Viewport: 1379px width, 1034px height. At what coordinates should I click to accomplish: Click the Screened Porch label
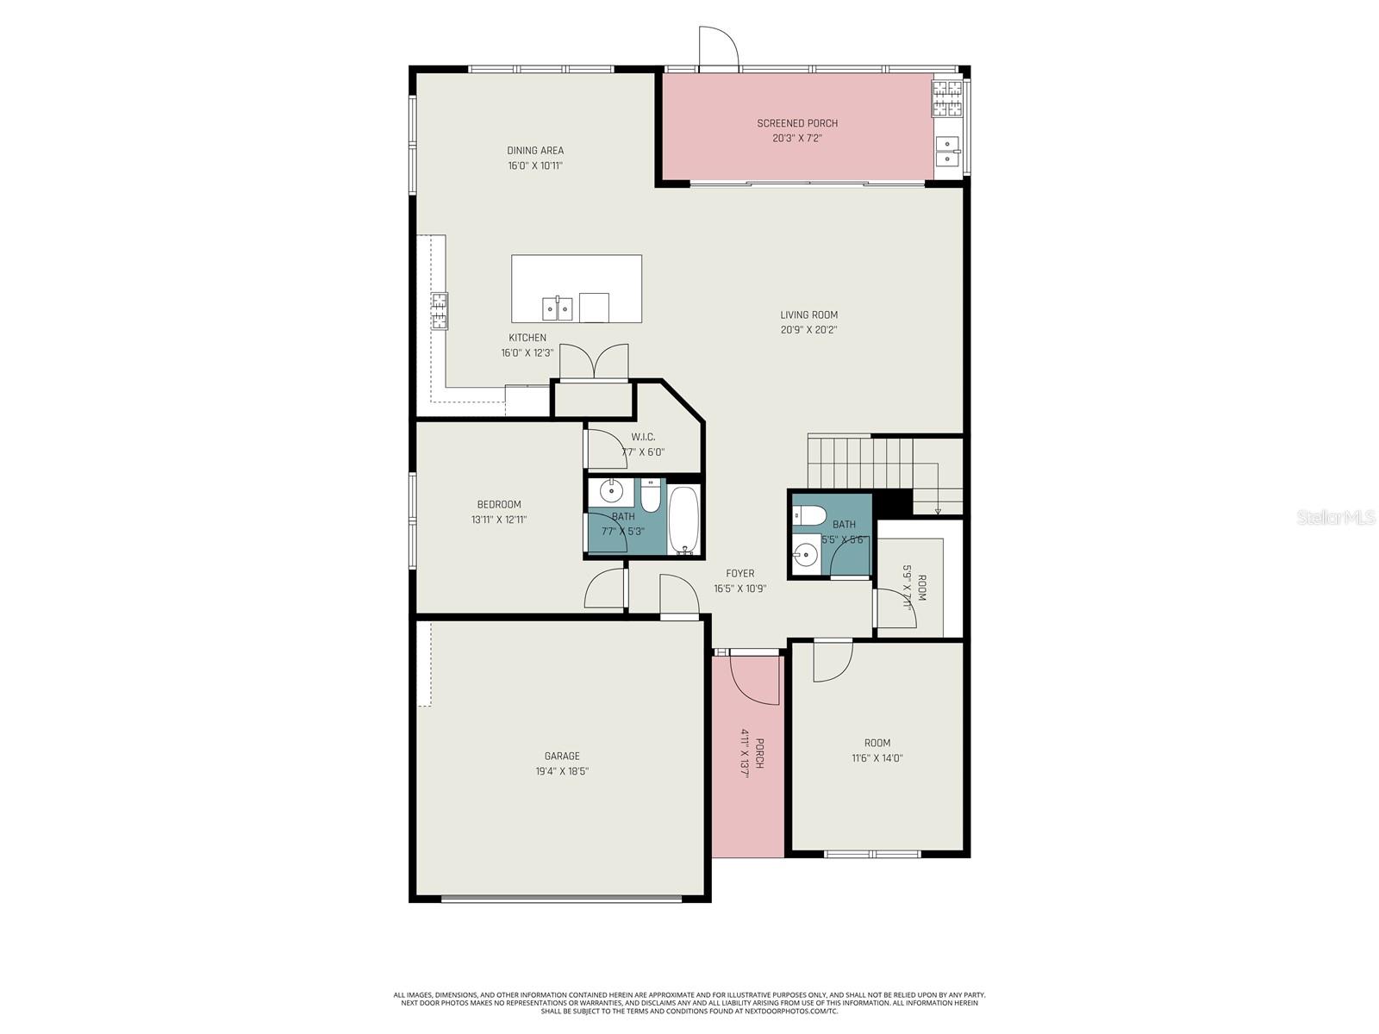pos(797,123)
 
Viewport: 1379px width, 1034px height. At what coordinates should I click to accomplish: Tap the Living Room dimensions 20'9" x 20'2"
pos(808,330)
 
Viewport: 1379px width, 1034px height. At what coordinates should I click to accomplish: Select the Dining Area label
pos(534,151)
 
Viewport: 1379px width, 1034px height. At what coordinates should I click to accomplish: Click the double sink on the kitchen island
pos(558,308)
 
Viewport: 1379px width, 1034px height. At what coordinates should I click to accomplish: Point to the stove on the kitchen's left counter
pos(440,310)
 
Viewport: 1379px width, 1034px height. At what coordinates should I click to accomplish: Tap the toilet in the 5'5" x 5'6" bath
pos(803,515)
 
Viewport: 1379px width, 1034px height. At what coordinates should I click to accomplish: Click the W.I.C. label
pos(643,438)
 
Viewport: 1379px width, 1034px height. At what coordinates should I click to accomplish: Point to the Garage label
pos(561,757)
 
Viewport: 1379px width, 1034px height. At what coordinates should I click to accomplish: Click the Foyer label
pos(739,574)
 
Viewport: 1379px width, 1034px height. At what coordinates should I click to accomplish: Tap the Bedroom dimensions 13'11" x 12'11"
pos(498,520)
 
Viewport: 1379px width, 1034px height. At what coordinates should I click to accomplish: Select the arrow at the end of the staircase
pos(938,510)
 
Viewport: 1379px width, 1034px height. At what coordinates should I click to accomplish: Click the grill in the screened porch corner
pos(946,97)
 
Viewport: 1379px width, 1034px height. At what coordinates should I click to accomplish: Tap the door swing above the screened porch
pos(718,47)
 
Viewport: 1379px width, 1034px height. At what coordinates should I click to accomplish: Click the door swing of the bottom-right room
pos(832,661)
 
